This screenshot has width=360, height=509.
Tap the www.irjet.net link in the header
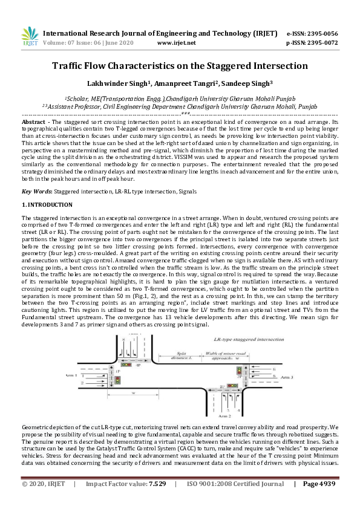pos(176,43)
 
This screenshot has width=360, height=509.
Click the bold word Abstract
pos(34,122)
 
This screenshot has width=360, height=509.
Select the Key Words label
pos(36,191)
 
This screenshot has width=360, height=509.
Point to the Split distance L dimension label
pos(180,355)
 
